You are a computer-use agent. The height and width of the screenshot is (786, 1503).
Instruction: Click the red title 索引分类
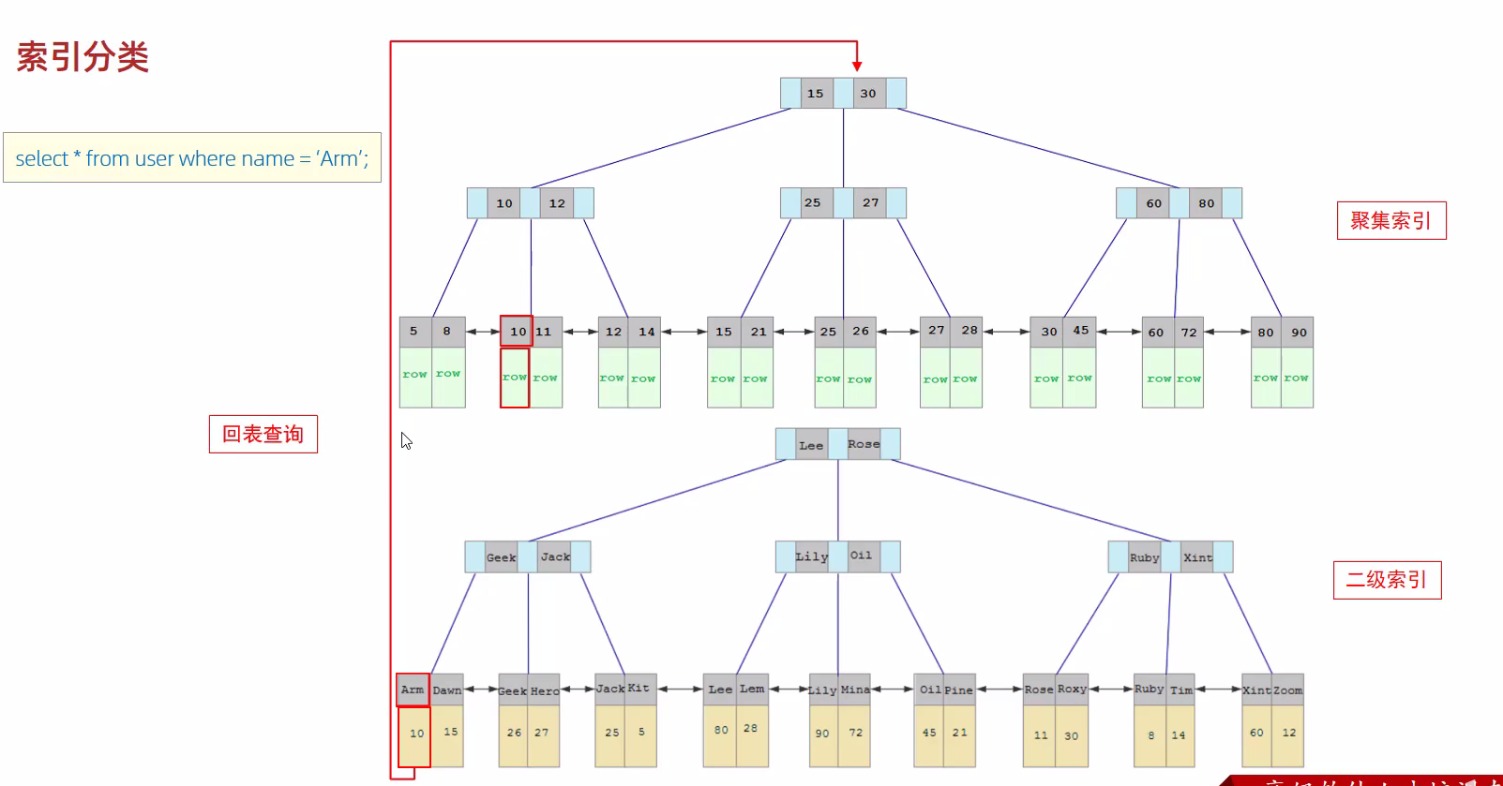[x=83, y=58]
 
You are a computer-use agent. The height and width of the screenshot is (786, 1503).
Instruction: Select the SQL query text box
[x=192, y=158]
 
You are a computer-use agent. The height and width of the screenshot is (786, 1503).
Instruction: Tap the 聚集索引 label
[x=1390, y=221]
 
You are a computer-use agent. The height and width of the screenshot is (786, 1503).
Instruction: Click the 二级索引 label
[x=1387, y=580]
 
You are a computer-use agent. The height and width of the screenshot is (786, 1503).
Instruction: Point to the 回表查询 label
[x=263, y=435]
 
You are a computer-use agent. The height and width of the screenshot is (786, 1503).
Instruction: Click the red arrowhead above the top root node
[x=857, y=66]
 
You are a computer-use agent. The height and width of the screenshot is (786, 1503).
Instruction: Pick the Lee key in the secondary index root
[x=811, y=445]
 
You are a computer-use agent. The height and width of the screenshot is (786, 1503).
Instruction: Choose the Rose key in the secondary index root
[x=864, y=444]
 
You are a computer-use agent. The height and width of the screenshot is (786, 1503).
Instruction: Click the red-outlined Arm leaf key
[x=413, y=690]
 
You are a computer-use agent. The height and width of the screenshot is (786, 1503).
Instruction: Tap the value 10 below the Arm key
[x=416, y=734]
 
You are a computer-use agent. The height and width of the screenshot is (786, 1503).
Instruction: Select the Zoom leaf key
[x=1287, y=690]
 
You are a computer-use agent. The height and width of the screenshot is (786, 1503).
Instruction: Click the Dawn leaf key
[x=447, y=690]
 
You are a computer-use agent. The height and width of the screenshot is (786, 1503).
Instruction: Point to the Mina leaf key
[x=854, y=690]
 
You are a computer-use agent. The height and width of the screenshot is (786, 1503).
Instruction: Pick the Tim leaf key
[x=1181, y=690]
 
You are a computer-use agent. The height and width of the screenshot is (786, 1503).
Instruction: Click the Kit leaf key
[x=639, y=689]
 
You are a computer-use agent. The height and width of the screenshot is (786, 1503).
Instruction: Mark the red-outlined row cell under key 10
[x=515, y=378]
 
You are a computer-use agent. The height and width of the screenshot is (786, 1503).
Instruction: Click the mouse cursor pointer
[x=406, y=440]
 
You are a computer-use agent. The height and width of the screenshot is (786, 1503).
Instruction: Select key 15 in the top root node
[x=816, y=94]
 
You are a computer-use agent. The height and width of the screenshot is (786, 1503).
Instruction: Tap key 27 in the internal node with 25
[x=871, y=203]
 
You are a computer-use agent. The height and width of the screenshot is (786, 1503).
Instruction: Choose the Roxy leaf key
[x=1072, y=690]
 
